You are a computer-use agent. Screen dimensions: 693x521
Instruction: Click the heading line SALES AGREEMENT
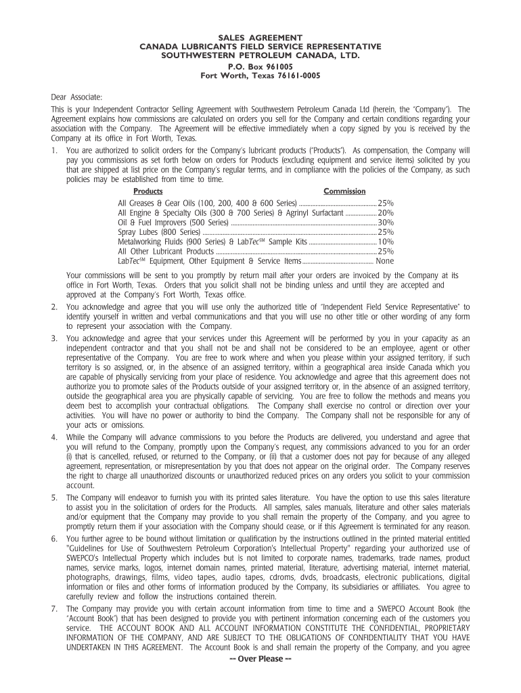click(260, 37)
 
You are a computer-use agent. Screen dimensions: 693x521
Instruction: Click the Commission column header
click(344, 192)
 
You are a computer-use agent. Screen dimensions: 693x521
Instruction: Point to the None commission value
click(385, 261)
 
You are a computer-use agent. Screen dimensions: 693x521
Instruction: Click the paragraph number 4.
click(54, 438)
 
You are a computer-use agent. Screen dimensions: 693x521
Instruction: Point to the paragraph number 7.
click(54, 610)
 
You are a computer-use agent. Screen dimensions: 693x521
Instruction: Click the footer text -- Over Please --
click(260, 659)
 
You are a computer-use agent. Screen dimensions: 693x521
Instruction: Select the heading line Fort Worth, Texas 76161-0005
click(260, 76)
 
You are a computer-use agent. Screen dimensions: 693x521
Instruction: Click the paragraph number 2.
click(54, 307)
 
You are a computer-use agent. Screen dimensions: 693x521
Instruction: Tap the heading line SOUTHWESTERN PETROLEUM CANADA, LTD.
click(260, 55)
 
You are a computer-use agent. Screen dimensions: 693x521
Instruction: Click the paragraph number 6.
click(54, 538)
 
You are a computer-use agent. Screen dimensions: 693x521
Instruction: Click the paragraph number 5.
click(54, 497)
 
